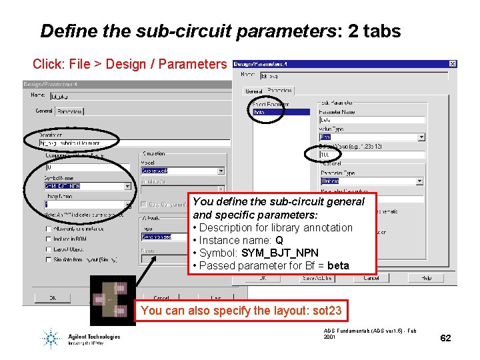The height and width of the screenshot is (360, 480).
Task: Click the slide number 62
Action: [x=446, y=338]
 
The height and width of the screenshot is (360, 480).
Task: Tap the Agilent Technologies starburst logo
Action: [x=51, y=338]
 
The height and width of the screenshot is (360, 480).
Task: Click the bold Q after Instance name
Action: [x=279, y=240]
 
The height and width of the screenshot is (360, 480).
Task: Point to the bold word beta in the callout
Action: [x=338, y=265]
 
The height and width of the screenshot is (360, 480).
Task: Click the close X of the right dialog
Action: [x=453, y=64]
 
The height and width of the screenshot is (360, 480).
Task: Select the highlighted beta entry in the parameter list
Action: [x=260, y=112]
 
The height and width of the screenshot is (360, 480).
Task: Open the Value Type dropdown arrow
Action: [x=421, y=137]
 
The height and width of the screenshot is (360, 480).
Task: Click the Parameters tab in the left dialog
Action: [x=69, y=111]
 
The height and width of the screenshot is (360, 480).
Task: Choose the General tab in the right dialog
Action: [x=253, y=91]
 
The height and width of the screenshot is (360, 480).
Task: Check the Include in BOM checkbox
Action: [x=49, y=239]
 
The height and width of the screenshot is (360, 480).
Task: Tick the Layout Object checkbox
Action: [x=49, y=249]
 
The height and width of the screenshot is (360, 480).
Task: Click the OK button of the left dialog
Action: [x=53, y=298]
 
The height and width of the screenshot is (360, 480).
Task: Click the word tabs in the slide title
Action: [x=379, y=31]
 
